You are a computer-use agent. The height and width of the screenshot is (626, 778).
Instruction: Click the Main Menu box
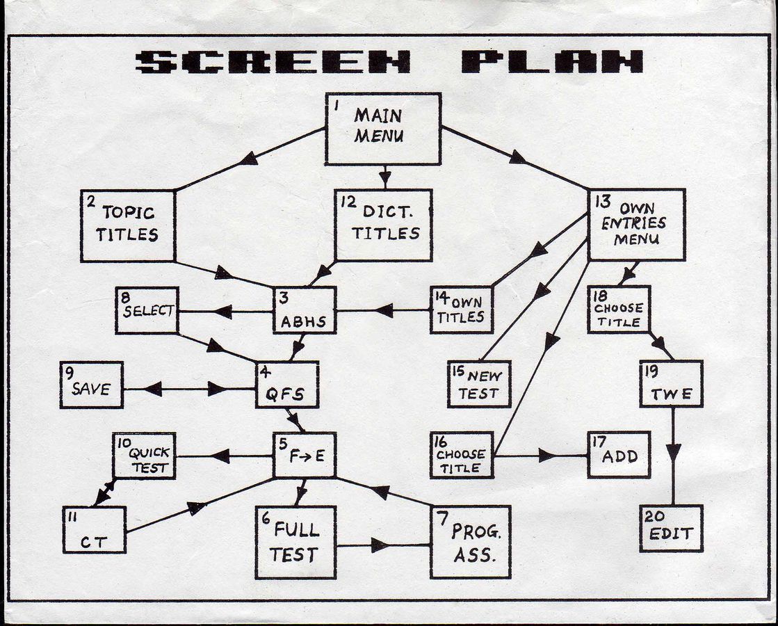click(x=383, y=129)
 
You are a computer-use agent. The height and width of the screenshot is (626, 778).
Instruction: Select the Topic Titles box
click(x=128, y=226)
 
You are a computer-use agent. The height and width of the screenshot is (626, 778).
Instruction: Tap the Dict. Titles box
click(x=384, y=225)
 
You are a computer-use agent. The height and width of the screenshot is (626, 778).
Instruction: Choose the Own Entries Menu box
click(x=637, y=225)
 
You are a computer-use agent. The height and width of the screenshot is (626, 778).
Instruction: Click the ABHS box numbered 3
click(x=305, y=310)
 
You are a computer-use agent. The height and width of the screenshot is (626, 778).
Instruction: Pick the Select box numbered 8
click(x=147, y=310)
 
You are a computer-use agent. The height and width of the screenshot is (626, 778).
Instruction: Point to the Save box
click(x=92, y=385)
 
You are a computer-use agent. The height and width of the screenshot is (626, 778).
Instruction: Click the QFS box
click(x=287, y=385)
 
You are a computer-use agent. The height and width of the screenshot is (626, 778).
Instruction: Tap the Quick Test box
click(x=145, y=456)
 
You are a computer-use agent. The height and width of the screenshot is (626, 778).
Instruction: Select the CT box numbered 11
click(x=95, y=530)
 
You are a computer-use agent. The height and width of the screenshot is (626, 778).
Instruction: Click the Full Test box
click(x=295, y=543)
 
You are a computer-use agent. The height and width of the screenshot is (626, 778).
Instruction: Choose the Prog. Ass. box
click(x=471, y=542)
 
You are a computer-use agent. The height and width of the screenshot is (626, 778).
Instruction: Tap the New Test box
click(x=479, y=385)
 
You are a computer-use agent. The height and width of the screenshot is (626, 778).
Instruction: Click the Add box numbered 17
click(x=619, y=455)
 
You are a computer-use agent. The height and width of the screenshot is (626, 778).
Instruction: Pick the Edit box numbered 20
click(x=672, y=529)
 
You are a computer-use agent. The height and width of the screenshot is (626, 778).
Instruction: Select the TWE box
click(x=672, y=384)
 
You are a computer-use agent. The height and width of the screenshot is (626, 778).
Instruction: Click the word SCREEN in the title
click(x=273, y=62)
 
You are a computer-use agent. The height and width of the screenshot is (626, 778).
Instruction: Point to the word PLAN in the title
click(x=553, y=62)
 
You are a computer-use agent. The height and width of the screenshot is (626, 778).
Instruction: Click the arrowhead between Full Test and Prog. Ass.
click(x=380, y=545)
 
